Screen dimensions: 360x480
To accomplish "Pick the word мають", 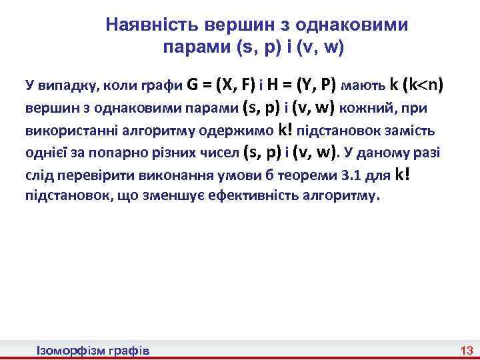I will (363, 86).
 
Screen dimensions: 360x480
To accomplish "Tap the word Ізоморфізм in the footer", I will (67, 350).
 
